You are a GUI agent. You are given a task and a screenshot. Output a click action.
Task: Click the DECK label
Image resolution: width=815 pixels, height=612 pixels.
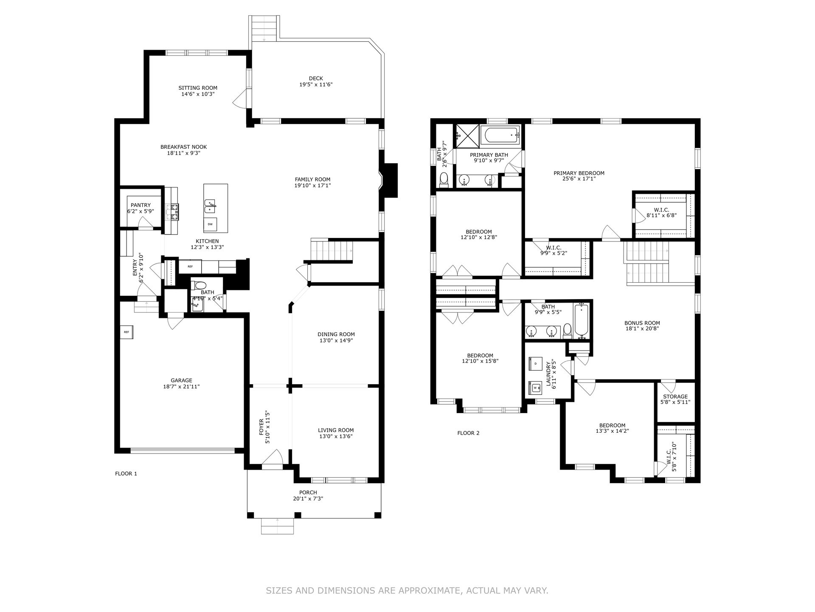[316, 78]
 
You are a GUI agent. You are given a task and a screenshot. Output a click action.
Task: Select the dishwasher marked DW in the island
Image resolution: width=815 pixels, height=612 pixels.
[210, 224]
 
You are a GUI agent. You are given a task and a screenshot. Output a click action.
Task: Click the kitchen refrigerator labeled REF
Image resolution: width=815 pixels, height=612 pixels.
[190, 266]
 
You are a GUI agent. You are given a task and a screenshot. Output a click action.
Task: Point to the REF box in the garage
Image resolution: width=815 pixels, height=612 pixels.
[126, 332]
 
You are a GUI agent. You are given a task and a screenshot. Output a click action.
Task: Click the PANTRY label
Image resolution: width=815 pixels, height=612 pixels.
[141, 205]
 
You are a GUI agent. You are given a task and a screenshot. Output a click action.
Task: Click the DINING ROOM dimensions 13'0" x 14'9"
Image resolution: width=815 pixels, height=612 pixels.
[336, 340]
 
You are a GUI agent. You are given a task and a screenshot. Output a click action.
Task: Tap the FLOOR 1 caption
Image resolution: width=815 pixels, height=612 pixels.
[126, 473]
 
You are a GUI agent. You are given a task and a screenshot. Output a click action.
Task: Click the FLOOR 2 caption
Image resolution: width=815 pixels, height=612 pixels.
[468, 433]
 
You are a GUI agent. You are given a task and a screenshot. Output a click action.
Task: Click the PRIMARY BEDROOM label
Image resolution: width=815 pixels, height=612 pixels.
[579, 173]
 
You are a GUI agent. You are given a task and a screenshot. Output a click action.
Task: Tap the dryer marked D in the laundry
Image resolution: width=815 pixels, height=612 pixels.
[536, 364]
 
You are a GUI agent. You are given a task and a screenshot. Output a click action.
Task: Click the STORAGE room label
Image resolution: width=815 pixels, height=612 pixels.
[675, 397]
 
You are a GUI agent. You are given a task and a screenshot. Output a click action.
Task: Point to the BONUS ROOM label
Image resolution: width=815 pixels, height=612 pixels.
[642, 323]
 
